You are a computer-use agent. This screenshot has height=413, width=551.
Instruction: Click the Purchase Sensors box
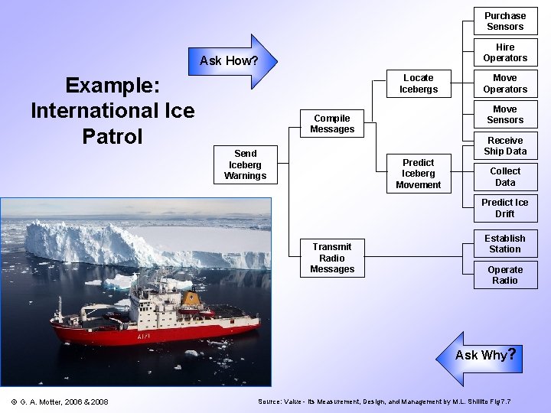(505, 21)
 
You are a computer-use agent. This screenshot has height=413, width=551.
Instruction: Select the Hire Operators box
(505, 53)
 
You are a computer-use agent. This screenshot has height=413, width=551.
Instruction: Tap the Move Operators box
(505, 83)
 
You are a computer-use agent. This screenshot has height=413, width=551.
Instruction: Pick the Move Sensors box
(505, 115)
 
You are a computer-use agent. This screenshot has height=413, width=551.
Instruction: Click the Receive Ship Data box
(505, 146)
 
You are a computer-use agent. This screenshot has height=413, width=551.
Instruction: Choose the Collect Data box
(505, 177)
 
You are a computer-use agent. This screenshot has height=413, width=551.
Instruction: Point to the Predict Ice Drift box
(505, 208)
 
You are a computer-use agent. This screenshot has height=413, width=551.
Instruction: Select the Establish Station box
(505, 243)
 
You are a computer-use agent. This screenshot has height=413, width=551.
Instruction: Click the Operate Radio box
(505, 275)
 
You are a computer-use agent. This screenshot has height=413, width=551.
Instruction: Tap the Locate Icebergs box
(418, 83)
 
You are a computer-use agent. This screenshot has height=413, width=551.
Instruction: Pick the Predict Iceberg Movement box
(418, 174)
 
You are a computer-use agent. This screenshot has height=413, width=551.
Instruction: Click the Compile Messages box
(332, 124)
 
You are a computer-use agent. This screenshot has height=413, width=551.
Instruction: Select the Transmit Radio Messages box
(332, 258)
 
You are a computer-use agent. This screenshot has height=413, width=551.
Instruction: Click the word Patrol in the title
(112, 137)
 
